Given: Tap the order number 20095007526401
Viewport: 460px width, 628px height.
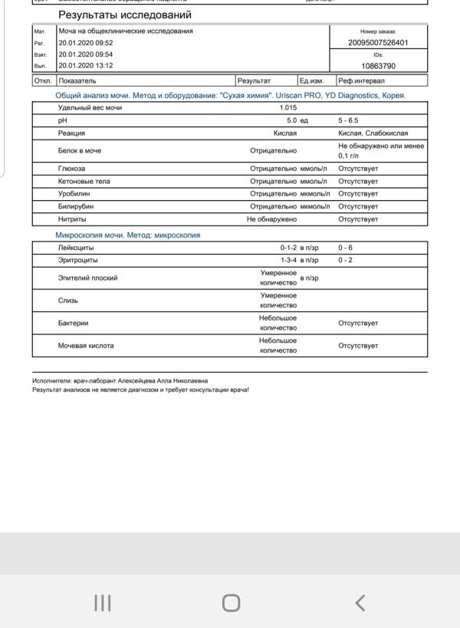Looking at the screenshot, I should tap(377, 43).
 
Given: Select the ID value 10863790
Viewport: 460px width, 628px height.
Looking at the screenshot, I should tap(377, 66).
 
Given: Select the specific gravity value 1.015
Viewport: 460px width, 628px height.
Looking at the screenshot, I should tap(287, 108).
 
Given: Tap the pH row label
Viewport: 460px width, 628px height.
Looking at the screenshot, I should tap(63, 120).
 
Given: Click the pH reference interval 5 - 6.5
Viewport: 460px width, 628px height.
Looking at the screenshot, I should tap(348, 120).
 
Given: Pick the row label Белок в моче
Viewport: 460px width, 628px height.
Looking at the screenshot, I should tap(80, 150).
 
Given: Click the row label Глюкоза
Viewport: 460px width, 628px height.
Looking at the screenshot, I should tap(72, 169).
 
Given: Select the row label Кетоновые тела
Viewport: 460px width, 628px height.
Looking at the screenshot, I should tap(84, 182).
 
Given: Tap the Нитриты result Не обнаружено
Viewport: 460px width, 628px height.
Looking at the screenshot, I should tap(271, 219).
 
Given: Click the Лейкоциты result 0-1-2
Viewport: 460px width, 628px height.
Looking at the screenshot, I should tap(287, 248).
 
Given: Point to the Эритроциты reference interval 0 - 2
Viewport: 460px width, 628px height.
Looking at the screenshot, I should tap(345, 261).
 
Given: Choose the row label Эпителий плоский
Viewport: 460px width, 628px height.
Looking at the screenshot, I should tap(88, 278).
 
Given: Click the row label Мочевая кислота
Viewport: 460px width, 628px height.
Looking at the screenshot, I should tap(86, 346).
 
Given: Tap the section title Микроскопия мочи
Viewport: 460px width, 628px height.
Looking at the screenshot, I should tap(127, 235).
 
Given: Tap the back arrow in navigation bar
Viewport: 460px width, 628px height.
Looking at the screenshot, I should tap(359, 603).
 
